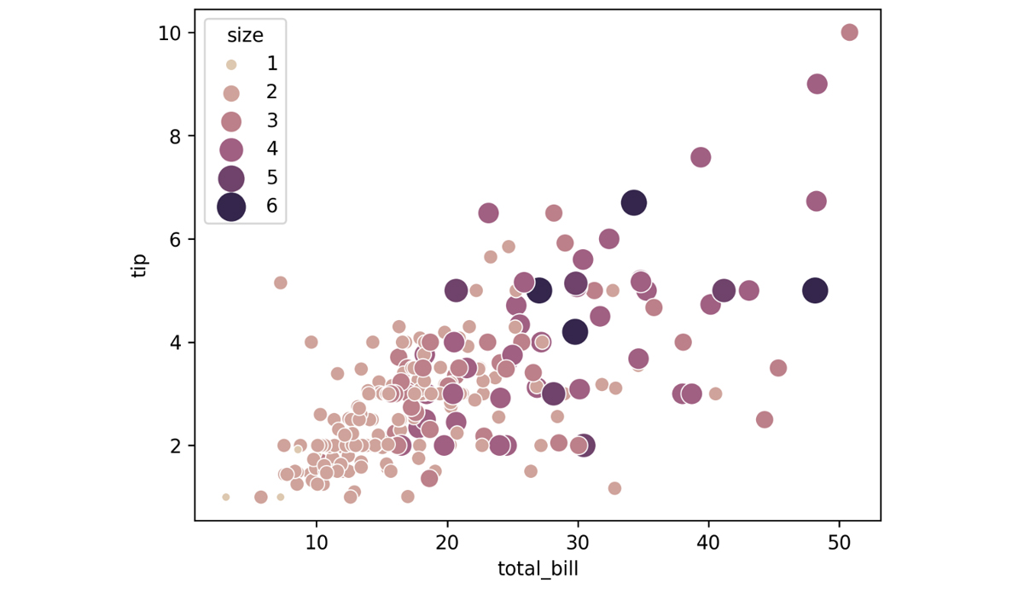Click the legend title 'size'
click(x=245, y=36)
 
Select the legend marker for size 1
click(x=230, y=64)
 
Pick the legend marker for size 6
click(x=230, y=206)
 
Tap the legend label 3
click(x=272, y=120)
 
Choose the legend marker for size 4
click(x=230, y=149)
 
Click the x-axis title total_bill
click(x=538, y=569)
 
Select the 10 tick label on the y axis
click(x=171, y=32)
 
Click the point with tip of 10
click(x=849, y=32)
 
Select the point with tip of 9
click(x=817, y=84)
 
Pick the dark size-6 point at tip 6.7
click(x=633, y=202)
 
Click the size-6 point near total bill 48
click(x=815, y=290)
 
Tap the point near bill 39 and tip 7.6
click(x=701, y=157)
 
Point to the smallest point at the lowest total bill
click(x=226, y=497)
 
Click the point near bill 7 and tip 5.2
click(x=280, y=283)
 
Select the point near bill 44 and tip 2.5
click(x=765, y=420)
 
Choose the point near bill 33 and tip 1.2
click(x=614, y=488)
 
